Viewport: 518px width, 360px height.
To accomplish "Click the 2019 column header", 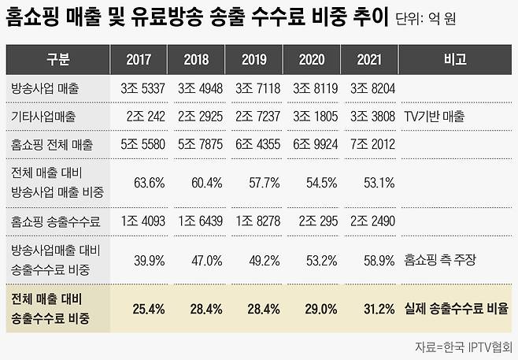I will [253, 59].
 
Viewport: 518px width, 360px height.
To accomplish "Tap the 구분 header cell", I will [57, 59].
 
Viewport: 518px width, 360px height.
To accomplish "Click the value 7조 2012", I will [370, 145].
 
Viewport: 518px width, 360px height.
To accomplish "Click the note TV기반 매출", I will [435, 116].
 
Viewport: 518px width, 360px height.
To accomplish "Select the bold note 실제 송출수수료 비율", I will [456, 309].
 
